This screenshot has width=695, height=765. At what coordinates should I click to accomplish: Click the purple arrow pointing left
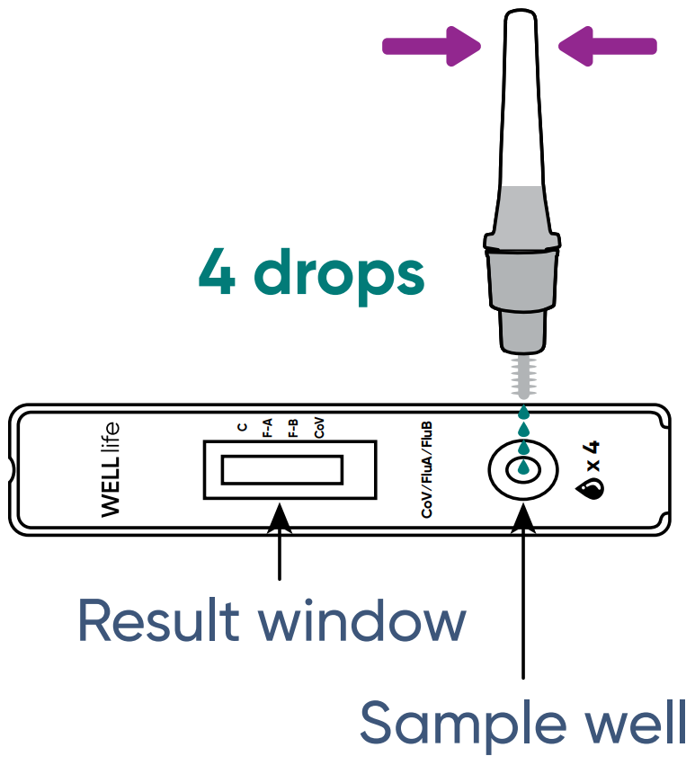[608, 44]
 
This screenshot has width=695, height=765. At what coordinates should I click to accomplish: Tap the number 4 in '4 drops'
[217, 271]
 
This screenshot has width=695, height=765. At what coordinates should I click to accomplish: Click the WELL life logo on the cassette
[111, 468]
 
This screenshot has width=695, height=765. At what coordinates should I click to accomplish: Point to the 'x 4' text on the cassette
[593, 458]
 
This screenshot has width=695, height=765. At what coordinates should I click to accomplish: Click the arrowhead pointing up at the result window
[281, 515]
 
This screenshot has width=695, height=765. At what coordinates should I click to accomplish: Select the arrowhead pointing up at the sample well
[523, 515]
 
